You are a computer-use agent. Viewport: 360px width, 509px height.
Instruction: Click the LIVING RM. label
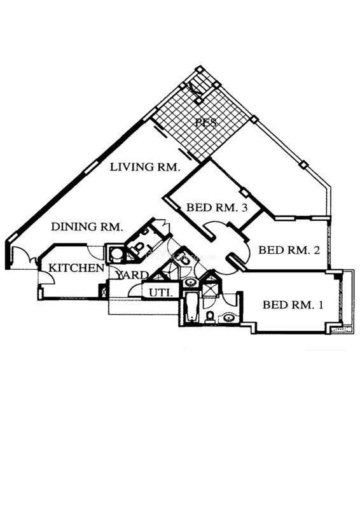(145, 167)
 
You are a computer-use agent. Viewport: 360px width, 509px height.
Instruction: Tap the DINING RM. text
(87, 227)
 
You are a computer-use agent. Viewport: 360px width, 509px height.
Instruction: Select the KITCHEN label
(76, 268)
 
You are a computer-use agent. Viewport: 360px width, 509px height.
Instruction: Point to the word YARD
(132, 275)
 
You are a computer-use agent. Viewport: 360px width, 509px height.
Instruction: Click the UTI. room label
(160, 293)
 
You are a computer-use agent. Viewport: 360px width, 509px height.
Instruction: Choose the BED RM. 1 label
(293, 305)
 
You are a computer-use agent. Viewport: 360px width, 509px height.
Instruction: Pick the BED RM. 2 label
(289, 250)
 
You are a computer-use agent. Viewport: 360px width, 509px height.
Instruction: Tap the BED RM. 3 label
(217, 207)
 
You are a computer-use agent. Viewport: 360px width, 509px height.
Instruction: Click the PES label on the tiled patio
(206, 122)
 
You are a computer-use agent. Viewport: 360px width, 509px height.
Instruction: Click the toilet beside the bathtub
(210, 316)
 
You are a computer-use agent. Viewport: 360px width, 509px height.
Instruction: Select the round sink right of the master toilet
(229, 317)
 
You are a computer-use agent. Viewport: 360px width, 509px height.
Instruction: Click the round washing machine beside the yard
(115, 253)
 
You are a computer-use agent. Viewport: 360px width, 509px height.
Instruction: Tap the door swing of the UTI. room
(135, 290)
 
